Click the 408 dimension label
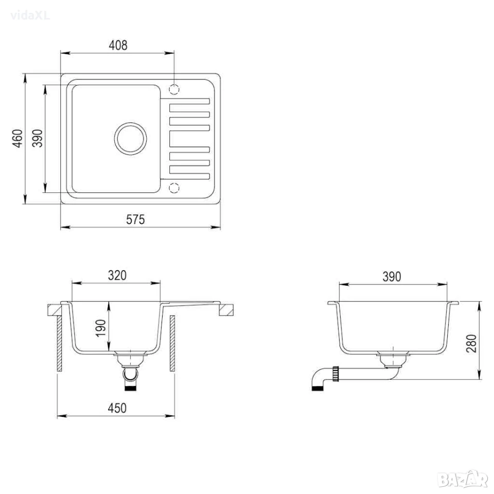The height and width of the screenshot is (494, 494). (118, 45)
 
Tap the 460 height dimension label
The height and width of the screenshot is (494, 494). (17, 138)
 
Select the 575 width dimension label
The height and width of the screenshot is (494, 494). (135, 219)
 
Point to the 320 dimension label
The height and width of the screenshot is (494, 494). (117, 275)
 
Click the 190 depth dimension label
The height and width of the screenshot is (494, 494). (100, 328)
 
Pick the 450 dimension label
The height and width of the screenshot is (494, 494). (117, 408)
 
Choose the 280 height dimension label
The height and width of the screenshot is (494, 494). (471, 343)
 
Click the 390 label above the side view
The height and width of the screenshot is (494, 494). (392, 277)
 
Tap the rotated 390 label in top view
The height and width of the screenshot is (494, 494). (38, 138)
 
